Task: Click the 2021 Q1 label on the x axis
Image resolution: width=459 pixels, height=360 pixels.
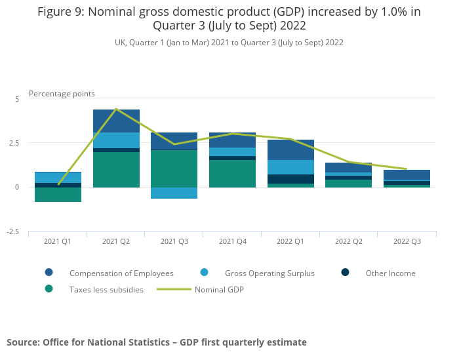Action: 58,242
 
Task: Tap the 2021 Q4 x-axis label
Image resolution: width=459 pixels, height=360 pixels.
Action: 232,242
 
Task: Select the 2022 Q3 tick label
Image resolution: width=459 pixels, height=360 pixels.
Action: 407,242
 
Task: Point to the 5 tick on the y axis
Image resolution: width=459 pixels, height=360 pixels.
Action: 17,98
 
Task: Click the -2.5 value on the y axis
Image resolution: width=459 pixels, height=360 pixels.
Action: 14,231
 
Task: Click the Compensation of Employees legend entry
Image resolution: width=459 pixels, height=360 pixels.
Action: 121,273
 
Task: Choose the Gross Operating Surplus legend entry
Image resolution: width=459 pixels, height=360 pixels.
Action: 269,273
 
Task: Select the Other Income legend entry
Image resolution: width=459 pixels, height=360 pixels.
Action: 390,273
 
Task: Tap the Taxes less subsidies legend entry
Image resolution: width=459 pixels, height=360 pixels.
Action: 106,289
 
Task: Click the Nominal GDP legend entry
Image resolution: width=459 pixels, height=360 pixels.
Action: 219,289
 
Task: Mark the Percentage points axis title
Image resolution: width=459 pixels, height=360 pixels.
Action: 62,94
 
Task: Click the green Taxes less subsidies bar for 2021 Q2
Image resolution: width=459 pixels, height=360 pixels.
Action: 116,170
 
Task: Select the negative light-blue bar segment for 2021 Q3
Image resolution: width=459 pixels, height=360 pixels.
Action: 174,193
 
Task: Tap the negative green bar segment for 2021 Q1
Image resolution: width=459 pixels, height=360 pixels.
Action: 58,195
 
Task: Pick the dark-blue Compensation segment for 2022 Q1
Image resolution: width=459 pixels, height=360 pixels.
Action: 290,150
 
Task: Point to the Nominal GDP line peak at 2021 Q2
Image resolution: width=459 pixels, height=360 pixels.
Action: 116,109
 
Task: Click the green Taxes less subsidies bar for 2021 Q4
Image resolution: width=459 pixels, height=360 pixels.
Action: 232,174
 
